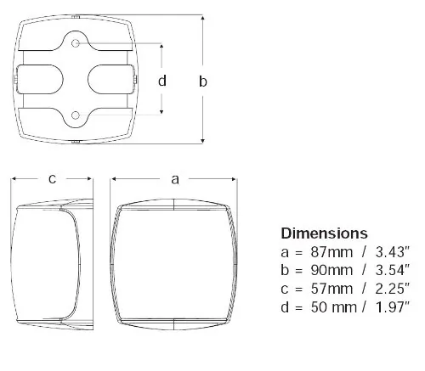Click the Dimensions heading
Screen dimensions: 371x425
[x=324, y=233]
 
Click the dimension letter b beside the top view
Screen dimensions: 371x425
[x=202, y=81]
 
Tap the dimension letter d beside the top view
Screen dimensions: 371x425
[x=162, y=81]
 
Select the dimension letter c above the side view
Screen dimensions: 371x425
[x=52, y=179]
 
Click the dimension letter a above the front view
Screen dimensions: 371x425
[x=175, y=179]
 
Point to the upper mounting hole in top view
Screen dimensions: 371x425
[x=77, y=42]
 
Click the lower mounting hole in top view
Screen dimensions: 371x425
[x=77, y=115]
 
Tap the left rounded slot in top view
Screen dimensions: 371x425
[x=42, y=79]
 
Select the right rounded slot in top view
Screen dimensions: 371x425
[x=111, y=79]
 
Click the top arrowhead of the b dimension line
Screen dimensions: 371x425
[x=202, y=18]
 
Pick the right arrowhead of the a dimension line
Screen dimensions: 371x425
[x=236, y=179]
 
